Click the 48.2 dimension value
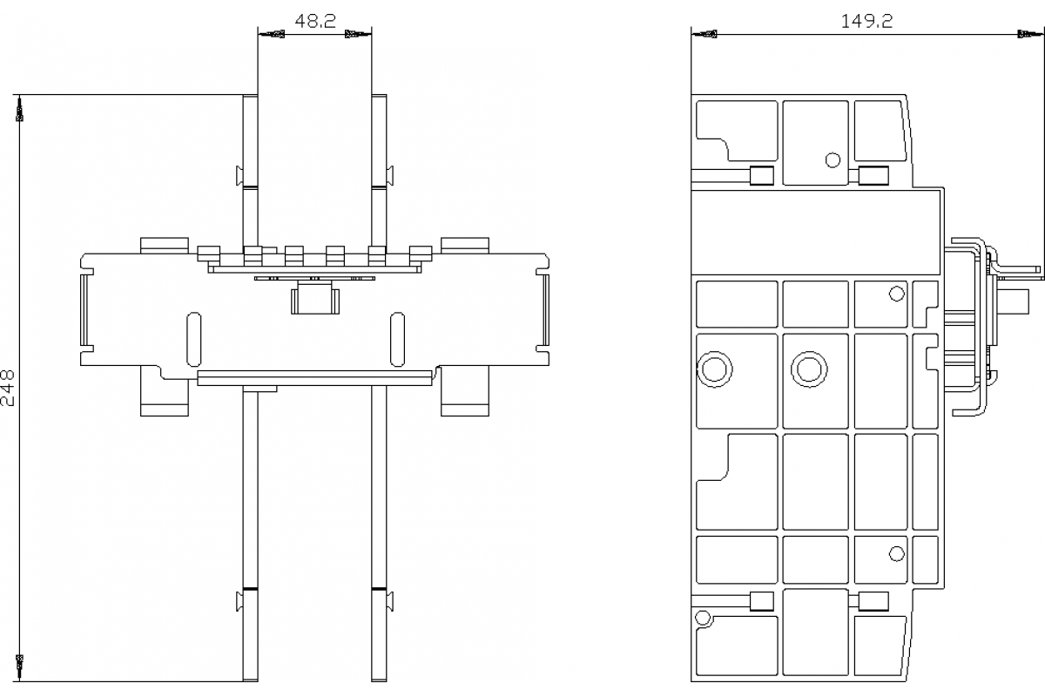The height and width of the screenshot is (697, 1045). tap(314, 21)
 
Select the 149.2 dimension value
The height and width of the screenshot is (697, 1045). tap(866, 21)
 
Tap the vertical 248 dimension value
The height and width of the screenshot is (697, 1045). tap(8, 387)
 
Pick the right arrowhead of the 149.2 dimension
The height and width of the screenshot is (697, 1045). tap(1028, 35)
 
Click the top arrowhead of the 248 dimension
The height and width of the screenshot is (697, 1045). tap(20, 109)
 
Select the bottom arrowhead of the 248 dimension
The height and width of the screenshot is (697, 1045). tap(20, 665)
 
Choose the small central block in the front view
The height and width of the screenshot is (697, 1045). tap(313, 299)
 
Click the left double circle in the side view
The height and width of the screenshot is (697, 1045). tap(715, 369)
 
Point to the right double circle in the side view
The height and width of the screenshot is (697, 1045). tap(808, 369)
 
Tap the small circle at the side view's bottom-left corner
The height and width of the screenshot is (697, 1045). tap(702, 618)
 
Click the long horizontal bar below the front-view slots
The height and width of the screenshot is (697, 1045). tap(314, 377)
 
